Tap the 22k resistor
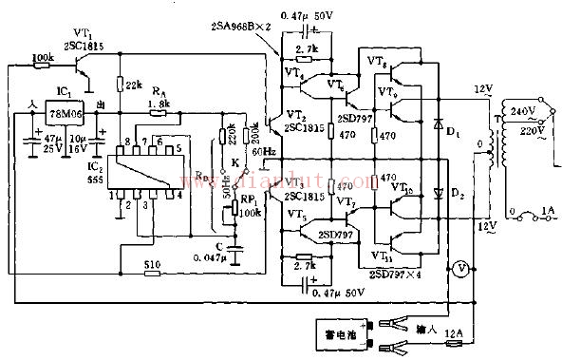(x=120, y=85)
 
